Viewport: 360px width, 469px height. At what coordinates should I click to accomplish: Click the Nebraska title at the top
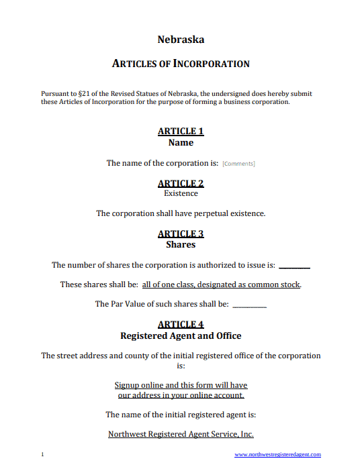(x=181, y=40)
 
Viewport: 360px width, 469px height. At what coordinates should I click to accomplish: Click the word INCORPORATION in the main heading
(x=212, y=64)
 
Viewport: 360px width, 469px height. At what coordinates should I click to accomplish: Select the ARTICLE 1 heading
(x=181, y=132)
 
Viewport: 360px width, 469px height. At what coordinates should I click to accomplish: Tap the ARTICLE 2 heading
(x=181, y=183)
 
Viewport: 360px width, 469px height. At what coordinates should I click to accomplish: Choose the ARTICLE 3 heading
(x=181, y=234)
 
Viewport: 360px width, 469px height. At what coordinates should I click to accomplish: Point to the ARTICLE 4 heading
(x=181, y=325)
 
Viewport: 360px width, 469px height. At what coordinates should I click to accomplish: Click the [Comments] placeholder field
(x=238, y=164)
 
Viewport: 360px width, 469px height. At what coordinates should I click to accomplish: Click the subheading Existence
(x=181, y=193)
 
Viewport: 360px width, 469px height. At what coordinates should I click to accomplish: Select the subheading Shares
(x=181, y=245)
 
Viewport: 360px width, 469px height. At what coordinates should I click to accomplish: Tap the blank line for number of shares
(x=294, y=266)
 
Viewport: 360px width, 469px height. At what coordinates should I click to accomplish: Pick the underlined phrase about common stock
(x=221, y=284)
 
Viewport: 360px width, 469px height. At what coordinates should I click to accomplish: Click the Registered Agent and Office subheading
(x=181, y=335)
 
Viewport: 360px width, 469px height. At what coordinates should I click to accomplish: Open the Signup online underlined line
(x=181, y=385)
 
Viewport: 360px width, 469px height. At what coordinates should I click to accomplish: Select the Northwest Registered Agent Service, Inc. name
(x=181, y=434)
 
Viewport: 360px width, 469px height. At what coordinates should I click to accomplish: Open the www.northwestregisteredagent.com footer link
(x=277, y=455)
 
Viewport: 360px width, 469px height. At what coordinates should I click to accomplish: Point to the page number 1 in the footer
(x=42, y=455)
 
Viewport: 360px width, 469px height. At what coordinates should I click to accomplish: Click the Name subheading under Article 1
(x=181, y=142)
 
